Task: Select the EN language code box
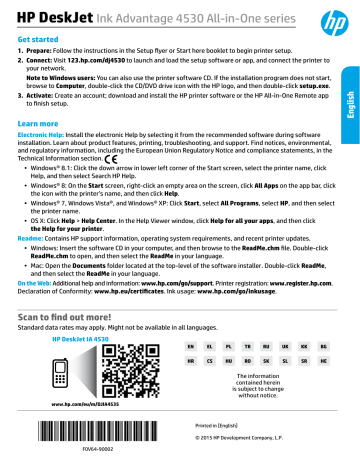[x=193, y=371]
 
